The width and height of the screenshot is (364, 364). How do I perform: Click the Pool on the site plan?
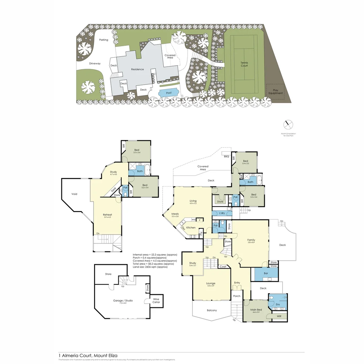coord(169,92)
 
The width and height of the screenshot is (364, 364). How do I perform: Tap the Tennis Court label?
coord(244,64)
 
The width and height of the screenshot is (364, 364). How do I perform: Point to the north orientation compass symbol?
coord(288,124)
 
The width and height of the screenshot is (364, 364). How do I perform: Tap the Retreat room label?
coord(108,215)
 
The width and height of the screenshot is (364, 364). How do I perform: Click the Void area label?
coord(74,194)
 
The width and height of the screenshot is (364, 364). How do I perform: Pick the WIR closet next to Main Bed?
coord(279,316)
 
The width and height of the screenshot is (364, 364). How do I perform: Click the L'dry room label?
coord(222,214)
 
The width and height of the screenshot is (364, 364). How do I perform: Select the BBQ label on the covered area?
coord(226,157)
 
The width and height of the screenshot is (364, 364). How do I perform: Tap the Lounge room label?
coord(211,283)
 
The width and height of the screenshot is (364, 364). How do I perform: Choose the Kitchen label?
coord(191,227)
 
